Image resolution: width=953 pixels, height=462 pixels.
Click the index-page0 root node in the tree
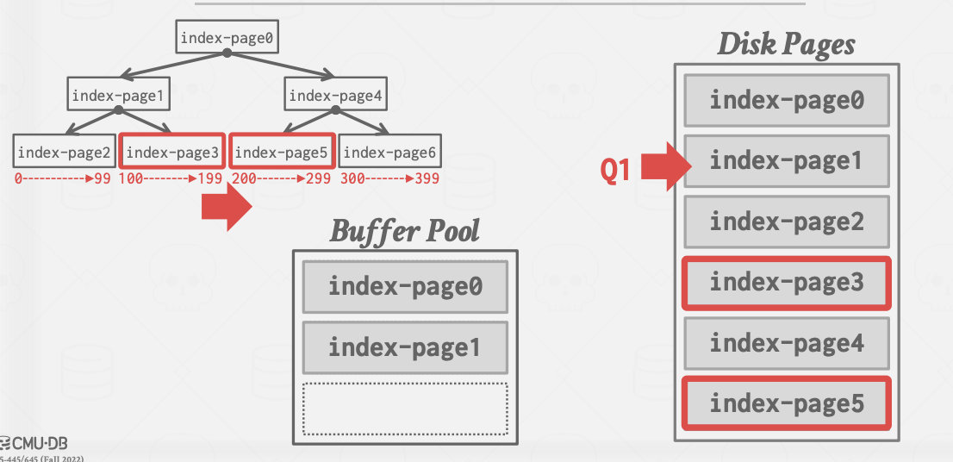pos(227,37)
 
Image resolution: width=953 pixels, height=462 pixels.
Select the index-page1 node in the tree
pos(119,94)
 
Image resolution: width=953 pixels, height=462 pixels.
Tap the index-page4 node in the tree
pos(335,94)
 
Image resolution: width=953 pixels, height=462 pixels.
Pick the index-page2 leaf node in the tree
pos(65,152)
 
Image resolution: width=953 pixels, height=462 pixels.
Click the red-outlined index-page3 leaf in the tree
pos(172,152)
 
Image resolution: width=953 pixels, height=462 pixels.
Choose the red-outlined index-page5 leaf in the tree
pos(282,152)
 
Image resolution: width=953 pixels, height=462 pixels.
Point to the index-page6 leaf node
pos(389,152)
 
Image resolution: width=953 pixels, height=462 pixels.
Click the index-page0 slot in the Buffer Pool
pos(405,287)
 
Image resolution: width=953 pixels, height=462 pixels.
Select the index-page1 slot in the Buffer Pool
pos(405,347)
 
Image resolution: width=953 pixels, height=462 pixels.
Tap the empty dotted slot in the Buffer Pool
pos(405,409)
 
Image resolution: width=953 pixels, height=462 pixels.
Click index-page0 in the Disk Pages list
pos(787,100)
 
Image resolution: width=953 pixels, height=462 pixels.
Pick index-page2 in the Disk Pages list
pos(787,222)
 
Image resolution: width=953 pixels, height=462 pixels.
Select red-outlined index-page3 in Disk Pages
pos(787,283)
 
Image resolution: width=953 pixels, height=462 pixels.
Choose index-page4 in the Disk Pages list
pos(787,343)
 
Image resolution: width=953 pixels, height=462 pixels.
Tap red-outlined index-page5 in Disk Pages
pos(787,404)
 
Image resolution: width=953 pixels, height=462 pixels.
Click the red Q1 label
pos(615,170)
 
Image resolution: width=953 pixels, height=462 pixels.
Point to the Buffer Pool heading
pos(405,231)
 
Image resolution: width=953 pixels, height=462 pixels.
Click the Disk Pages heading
pos(787,44)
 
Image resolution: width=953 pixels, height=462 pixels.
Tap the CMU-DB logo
pos(34,443)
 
